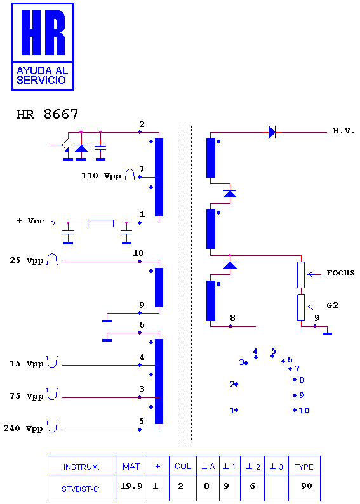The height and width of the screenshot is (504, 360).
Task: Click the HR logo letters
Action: point(43,33)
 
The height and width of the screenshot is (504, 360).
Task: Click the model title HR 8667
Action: point(47,114)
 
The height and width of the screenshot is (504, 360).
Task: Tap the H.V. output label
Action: point(343,131)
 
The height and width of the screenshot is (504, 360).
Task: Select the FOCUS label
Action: point(340,273)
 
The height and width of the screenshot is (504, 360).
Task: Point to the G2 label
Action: point(332,305)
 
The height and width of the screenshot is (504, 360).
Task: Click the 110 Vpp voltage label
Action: point(101,176)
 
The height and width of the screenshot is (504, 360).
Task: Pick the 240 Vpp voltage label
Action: point(23,428)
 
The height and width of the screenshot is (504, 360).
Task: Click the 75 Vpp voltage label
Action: point(27,396)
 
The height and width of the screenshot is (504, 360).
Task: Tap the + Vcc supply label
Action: point(31,221)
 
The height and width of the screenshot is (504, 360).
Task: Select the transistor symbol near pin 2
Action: point(63,145)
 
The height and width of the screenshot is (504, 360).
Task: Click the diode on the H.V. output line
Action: point(272,132)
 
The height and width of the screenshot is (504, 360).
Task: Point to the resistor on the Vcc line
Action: point(100,223)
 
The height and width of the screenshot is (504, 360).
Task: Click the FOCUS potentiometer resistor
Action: point(301,275)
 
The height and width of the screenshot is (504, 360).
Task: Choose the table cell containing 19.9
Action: point(131,486)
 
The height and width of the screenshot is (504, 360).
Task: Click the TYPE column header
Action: point(303,467)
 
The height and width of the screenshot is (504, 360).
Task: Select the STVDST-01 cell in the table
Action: point(82,489)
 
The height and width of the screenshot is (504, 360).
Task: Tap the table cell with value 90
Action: point(304,486)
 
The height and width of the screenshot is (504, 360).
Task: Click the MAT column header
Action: point(131,467)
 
